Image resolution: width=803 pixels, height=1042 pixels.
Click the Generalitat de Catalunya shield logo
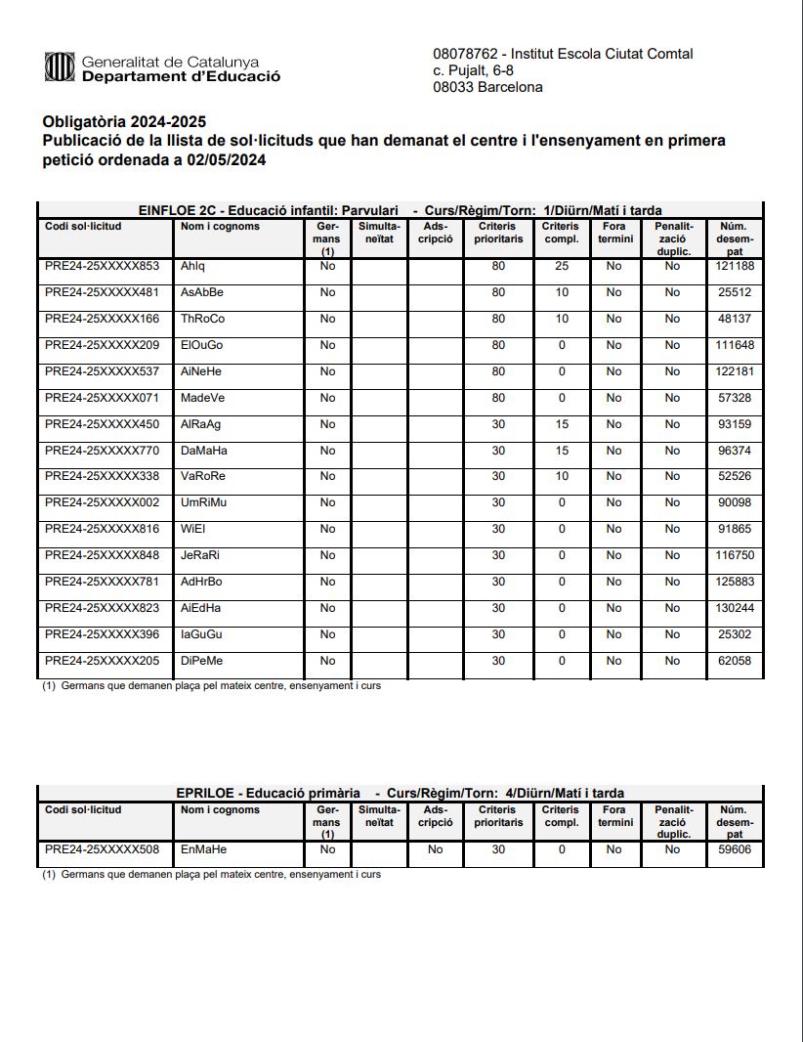pyautogui.click(x=60, y=66)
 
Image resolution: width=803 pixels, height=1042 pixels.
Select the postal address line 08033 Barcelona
pyautogui.click(x=487, y=87)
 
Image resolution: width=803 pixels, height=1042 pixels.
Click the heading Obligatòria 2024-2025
pyautogui.click(x=124, y=122)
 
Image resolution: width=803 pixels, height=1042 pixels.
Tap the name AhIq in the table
pyautogui.click(x=193, y=266)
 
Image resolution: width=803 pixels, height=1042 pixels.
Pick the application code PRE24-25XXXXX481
pyautogui.click(x=102, y=292)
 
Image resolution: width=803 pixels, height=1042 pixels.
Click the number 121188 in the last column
pyautogui.click(x=735, y=266)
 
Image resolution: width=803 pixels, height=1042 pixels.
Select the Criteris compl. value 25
pyautogui.click(x=561, y=266)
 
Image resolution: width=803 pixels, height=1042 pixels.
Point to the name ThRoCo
pyautogui.click(x=202, y=319)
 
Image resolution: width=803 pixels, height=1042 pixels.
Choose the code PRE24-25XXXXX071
pyautogui.click(x=102, y=398)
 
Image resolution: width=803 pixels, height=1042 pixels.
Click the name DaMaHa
pyautogui.click(x=203, y=451)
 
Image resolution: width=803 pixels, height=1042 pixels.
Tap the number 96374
pyautogui.click(x=735, y=451)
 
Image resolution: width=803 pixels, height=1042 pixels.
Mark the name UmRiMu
pyautogui.click(x=203, y=502)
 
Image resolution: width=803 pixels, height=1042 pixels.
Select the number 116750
pyautogui.click(x=735, y=555)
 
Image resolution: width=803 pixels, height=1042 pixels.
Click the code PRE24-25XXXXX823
pyautogui.click(x=102, y=608)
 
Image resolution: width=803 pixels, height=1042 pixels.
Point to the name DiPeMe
pyautogui.click(x=201, y=661)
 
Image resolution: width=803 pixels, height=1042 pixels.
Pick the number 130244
pyautogui.click(x=735, y=608)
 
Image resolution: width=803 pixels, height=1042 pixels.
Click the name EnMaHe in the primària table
pyautogui.click(x=203, y=849)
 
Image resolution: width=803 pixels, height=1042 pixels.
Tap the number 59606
pyautogui.click(x=735, y=849)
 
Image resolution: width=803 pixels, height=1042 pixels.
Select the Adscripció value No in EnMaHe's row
pyautogui.click(x=435, y=849)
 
